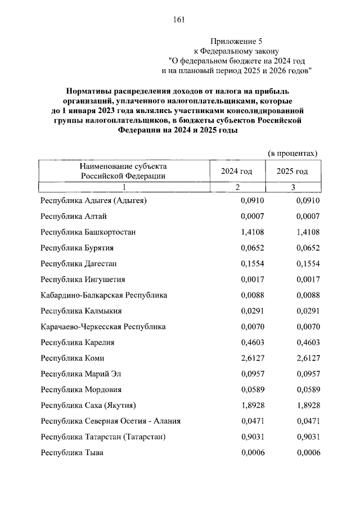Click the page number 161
(179, 20)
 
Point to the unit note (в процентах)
(292, 153)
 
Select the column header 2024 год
(237, 171)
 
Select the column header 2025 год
(292, 171)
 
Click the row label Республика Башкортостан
(88, 232)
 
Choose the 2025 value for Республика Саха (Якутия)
(308, 405)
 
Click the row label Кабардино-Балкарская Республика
(104, 295)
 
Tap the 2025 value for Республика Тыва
(308, 452)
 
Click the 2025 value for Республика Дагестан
(308, 263)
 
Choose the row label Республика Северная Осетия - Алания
(110, 421)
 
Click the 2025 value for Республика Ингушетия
(308, 279)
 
